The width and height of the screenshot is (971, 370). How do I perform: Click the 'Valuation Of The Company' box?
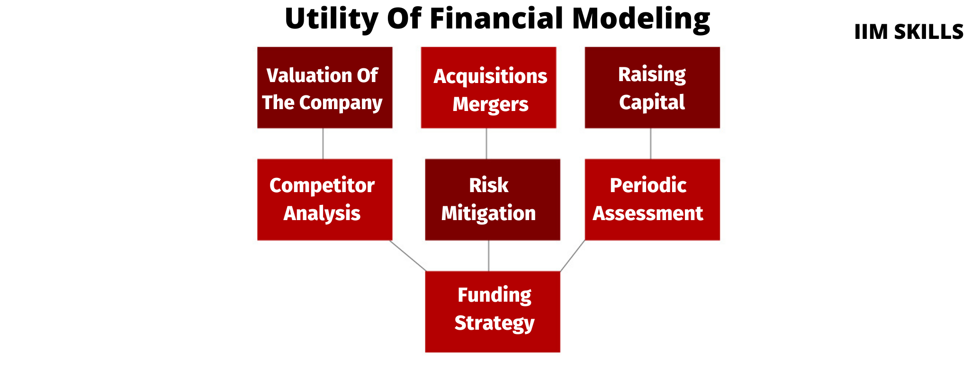[x=324, y=88]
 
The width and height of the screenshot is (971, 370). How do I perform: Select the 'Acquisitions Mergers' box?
[x=488, y=88]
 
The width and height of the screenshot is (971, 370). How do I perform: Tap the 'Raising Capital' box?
[x=652, y=88]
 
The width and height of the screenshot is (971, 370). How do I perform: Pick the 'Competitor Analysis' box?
[x=324, y=200]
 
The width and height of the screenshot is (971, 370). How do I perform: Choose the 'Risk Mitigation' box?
[x=492, y=200]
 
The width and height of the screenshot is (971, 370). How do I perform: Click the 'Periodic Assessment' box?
[x=652, y=200]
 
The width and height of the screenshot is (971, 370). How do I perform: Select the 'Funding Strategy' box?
[x=492, y=312]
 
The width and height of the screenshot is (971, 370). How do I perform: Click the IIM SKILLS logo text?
[x=908, y=32]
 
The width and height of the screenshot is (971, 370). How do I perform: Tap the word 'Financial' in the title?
[x=497, y=19]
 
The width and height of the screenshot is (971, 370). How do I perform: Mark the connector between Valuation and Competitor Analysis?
[x=323, y=144]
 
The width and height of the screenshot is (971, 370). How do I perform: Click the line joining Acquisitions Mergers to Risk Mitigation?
[x=486, y=144]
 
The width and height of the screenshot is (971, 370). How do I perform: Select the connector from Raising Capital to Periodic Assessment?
[x=650, y=144]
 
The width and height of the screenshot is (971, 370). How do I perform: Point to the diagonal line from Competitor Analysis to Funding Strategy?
[x=408, y=256]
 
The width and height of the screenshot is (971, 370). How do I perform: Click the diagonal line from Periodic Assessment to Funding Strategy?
[x=573, y=256]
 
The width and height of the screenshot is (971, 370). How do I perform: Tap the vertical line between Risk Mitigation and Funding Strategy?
[x=488, y=256]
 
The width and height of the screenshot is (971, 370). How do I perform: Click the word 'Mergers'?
[x=490, y=104]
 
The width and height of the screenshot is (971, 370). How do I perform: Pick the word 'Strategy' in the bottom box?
[x=494, y=324]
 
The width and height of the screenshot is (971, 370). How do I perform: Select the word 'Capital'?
[x=652, y=102]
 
